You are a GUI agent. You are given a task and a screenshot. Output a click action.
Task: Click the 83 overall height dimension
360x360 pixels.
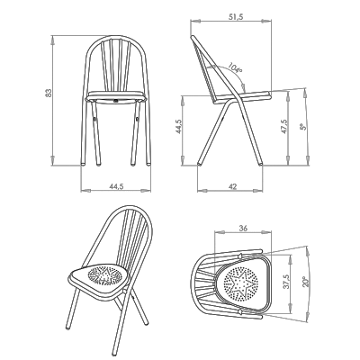49,93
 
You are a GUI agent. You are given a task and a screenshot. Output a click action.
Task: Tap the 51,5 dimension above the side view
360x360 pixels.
236,17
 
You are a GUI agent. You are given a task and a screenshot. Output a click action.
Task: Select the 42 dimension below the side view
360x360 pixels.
232,186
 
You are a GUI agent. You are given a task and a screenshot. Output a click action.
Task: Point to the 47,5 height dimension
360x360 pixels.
284,127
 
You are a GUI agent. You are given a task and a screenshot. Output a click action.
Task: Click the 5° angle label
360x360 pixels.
303,127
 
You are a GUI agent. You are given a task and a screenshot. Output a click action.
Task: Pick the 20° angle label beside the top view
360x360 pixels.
306,282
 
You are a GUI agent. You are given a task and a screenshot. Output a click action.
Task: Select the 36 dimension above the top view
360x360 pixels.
243,229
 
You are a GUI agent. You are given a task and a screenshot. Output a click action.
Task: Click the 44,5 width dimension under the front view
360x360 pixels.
116,186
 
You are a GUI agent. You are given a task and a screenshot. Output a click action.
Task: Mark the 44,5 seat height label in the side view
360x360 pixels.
179,127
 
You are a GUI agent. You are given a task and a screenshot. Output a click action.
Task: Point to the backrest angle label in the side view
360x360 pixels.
235,67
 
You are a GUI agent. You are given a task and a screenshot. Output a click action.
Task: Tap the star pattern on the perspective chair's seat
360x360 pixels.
104,274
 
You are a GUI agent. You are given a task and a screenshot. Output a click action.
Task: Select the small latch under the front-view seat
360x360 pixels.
116,101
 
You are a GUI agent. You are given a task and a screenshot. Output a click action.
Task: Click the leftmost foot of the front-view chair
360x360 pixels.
83,164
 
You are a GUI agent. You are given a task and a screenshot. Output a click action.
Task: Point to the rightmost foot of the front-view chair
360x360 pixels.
148,164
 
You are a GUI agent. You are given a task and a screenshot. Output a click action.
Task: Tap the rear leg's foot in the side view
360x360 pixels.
199,164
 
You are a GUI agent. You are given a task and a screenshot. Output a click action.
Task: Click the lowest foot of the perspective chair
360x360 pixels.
114,352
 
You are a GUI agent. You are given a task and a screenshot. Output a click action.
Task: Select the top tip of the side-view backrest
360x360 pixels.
193,37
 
